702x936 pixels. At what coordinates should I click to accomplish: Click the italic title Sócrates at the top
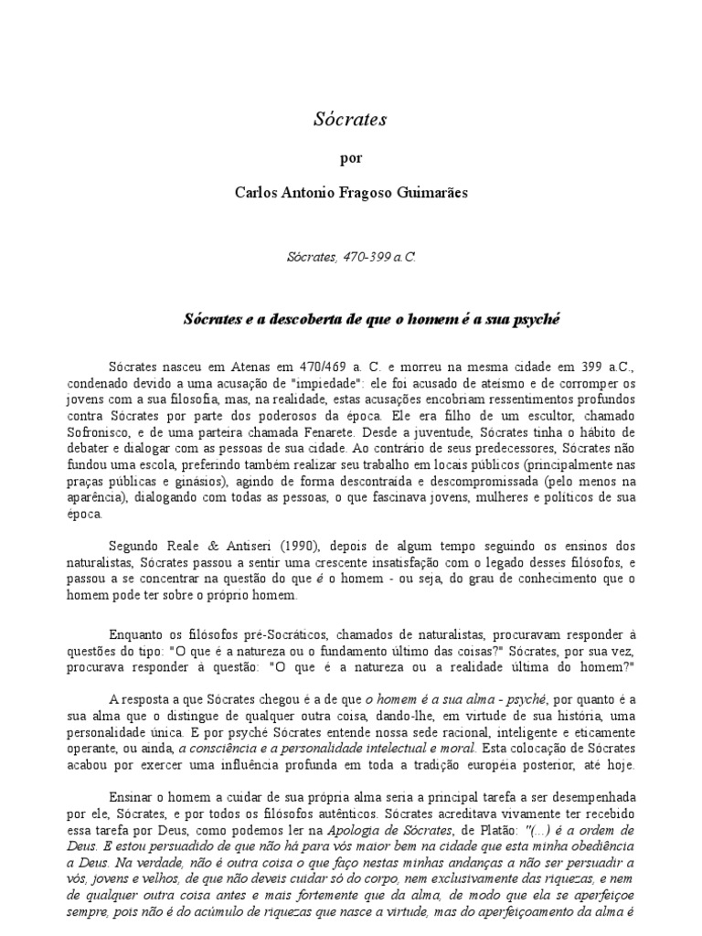click(350, 119)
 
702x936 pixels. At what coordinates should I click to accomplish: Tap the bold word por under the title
click(350, 157)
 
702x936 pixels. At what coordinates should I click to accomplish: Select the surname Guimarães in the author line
click(427, 194)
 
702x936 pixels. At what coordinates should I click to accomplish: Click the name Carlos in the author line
click(259, 194)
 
